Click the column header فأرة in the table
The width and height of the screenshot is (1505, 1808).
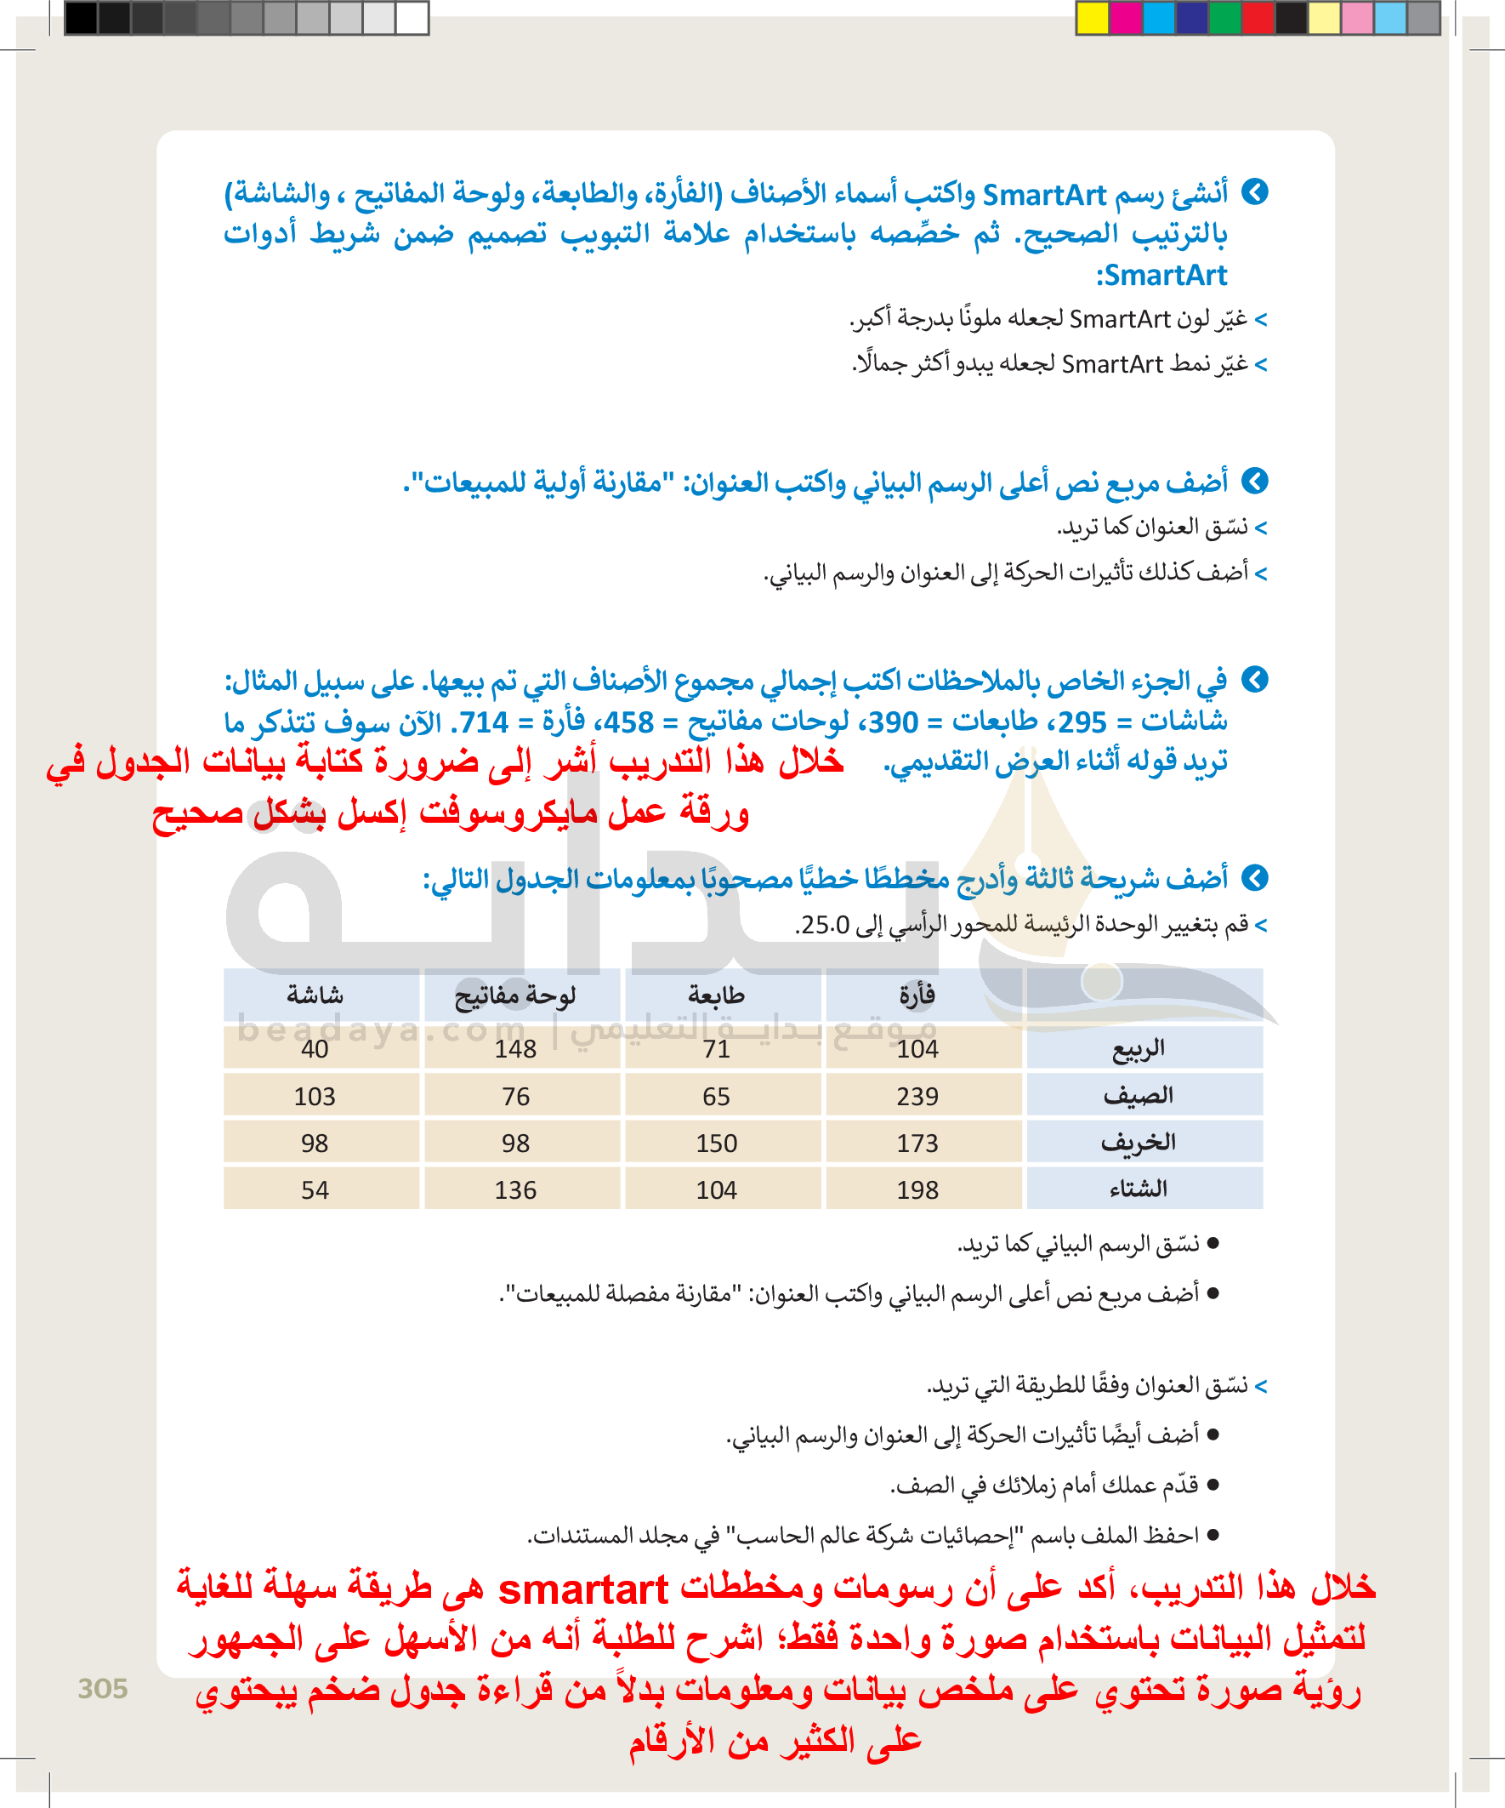click(x=917, y=995)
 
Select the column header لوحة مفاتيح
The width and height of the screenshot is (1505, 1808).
click(x=514, y=996)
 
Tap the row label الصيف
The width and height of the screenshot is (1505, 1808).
click(x=1139, y=1095)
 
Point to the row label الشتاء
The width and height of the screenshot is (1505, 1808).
click(x=1139, y=1189)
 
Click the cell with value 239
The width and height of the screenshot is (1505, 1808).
click(x=917, y=1096)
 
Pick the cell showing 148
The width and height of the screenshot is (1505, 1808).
click(x=515, y=1048)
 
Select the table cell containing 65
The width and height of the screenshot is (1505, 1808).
click(x=716, y=1096)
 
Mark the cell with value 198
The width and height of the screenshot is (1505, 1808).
click(x=917, y=1189)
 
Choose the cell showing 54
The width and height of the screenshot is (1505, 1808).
click(x=315, y=1189)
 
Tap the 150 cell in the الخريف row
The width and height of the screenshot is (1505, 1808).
click(x=716, y=1144)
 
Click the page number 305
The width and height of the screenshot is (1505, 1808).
click(x=102, y=1688)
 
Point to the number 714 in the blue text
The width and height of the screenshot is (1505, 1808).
click(x=484, y=722)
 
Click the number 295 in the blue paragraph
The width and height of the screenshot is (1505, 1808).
click(x=1082, y=722)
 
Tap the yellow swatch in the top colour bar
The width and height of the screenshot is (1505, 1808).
click(x=1093, y=18)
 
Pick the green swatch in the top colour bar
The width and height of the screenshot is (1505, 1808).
click(x=1225, y=18)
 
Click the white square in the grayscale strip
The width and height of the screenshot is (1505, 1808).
click(x=412, y=18)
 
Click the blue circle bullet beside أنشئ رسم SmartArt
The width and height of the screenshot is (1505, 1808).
click(x=1255, y=192)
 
